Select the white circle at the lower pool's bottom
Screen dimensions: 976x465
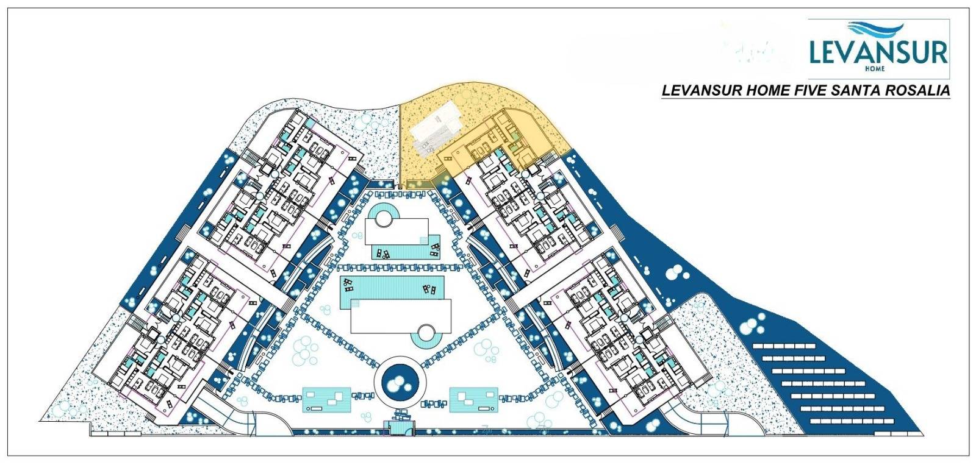426,333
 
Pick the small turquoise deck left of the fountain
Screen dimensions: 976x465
327,400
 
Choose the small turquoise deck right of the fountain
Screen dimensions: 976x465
473,400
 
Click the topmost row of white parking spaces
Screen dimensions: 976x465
784,346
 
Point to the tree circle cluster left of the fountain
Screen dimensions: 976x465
305,351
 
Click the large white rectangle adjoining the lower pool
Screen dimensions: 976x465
401,316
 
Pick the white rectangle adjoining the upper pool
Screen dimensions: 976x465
396,232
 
